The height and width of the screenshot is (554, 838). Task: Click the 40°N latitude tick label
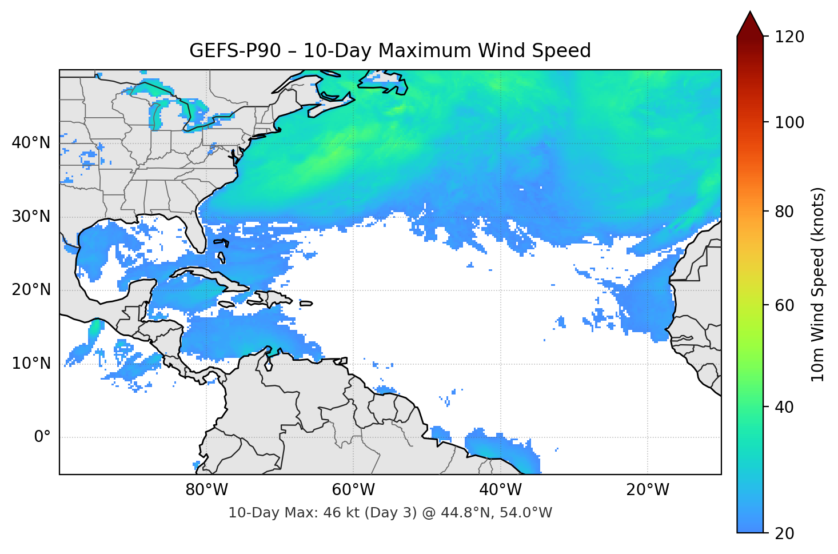tap(31, 143)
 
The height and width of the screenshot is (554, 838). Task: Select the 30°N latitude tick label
tap(31, 217)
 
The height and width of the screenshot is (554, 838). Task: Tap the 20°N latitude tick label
tap(31, 290)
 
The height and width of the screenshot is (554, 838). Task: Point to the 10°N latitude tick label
tap(31, 364)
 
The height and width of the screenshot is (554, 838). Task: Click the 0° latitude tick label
tap(42, 437)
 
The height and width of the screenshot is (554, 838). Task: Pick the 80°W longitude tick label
tap(206, 490)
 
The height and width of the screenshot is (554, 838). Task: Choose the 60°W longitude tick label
tap(353, 490)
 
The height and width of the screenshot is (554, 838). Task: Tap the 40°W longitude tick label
tap(500, 490)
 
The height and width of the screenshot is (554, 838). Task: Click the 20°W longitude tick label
tap(647, 490)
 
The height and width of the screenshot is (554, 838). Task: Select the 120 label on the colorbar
tap(789, 37)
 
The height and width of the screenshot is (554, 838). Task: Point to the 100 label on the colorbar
tap(789, 122)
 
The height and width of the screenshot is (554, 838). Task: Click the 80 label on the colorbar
tap(784, 212)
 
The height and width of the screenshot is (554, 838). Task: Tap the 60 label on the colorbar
tap(784, 305)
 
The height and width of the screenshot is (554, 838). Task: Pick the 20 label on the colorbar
tap(784, 533)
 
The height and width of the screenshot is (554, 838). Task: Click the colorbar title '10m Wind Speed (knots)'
tap(818, 284)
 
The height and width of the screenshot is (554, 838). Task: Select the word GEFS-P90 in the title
tap(235, 51)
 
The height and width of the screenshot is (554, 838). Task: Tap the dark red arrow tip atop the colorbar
tap(750, 23)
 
